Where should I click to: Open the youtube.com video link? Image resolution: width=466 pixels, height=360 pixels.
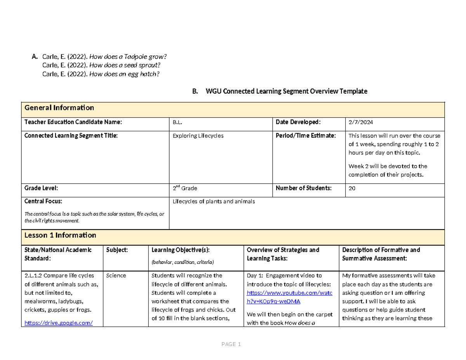[289, 297]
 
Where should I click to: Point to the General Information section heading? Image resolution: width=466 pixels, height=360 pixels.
[59, 108]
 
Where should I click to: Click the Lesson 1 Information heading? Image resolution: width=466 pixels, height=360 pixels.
[60, 235]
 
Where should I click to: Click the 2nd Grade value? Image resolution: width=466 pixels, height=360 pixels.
[185, 188]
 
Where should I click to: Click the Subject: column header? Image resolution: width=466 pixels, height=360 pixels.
[117, 250]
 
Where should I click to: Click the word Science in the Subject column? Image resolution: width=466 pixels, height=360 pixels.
[116, 276]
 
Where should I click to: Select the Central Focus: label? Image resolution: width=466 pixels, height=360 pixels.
[43, 202]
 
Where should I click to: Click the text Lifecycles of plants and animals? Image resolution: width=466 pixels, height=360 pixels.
[214, 201]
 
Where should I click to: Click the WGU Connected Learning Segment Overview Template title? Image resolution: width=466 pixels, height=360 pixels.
[286, 92]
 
